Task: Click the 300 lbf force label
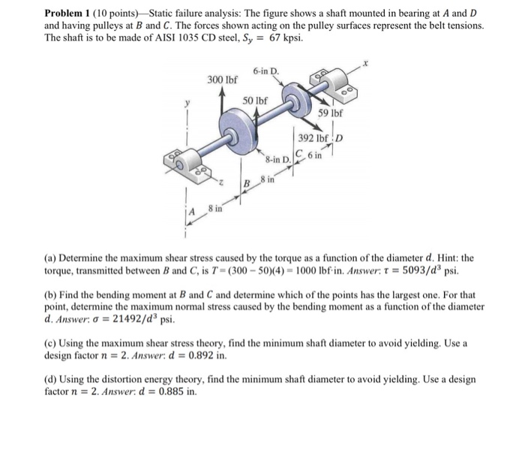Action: click(x=222, y=80)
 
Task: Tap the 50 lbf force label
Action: click(x=256, y=100)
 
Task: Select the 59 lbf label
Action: click(x=330, y=113)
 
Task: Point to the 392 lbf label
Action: click(x=312, y=139)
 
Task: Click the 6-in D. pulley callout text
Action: click(x=265, y=71)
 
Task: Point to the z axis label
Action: click(x=220, y=181)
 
